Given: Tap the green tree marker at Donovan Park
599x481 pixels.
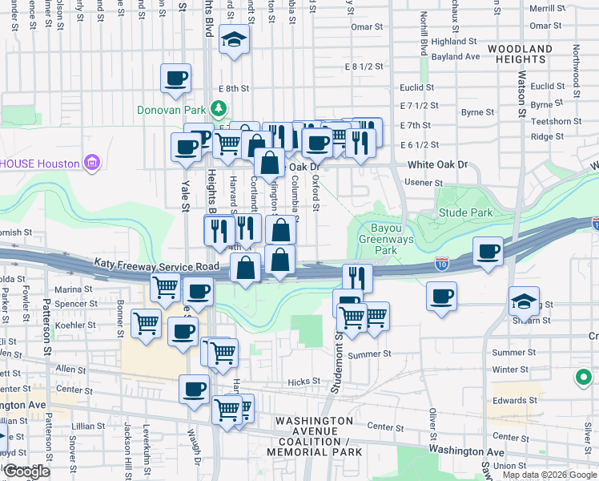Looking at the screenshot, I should pyautogui.click(x=218, y=107).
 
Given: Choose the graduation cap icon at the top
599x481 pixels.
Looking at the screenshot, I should pyautogui.click(x=234, y=39).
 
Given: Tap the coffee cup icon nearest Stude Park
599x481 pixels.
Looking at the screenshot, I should pyautogui.click(x=488, y=253).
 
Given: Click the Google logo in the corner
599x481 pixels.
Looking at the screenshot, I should pyautogui.click(x=27, y=471).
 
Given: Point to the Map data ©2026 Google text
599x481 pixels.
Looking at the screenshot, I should pyautogui.click(x=549, y=475).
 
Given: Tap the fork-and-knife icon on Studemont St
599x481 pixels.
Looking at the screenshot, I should pyautogui.click(x=357, y=278).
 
